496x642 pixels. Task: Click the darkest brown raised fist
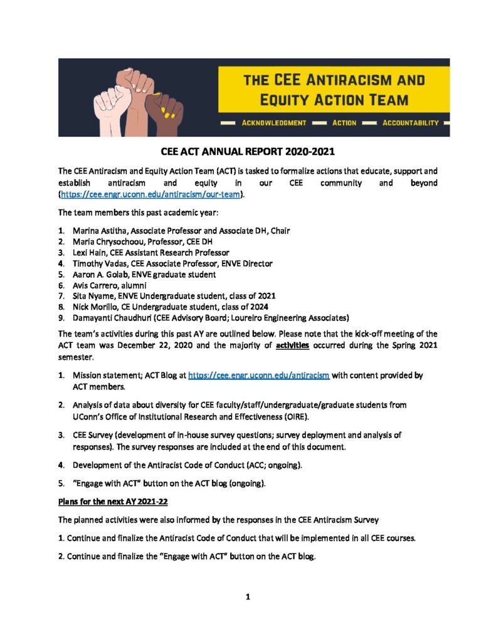coord(164,109)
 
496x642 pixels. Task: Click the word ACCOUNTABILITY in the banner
coord(410,123)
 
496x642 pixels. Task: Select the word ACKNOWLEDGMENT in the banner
coord(274,123)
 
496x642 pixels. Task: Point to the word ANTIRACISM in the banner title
coord(374,80)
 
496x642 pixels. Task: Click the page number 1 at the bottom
coord(248,597)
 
